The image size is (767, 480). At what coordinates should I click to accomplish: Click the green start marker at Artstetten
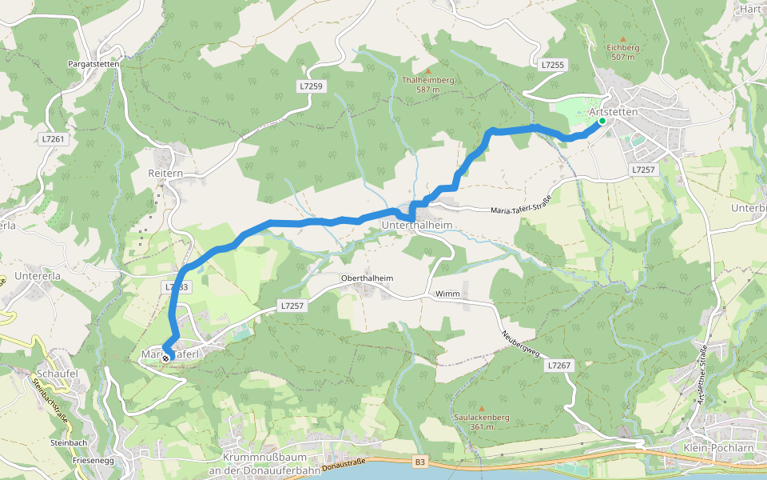tap(602, 122)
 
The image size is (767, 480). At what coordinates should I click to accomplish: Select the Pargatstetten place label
tap(93, 63)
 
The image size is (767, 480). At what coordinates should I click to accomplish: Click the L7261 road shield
tap(54, 138)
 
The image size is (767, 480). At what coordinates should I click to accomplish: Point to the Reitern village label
tap(165, 173)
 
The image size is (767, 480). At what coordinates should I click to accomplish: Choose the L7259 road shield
tap(312, 85)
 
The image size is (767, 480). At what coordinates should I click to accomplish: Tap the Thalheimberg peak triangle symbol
tap(428, 71)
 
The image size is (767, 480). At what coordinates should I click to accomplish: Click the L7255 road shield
tap(552, 64)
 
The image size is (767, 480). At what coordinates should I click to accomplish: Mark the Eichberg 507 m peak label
tap(621, 52)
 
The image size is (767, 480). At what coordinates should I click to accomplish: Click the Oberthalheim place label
tap(368, 278)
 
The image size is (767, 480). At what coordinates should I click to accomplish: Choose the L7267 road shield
tap(560, 365)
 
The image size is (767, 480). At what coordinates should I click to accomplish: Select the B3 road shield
tap(421, 462)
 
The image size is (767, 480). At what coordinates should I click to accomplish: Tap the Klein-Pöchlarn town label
tap(719, 447)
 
